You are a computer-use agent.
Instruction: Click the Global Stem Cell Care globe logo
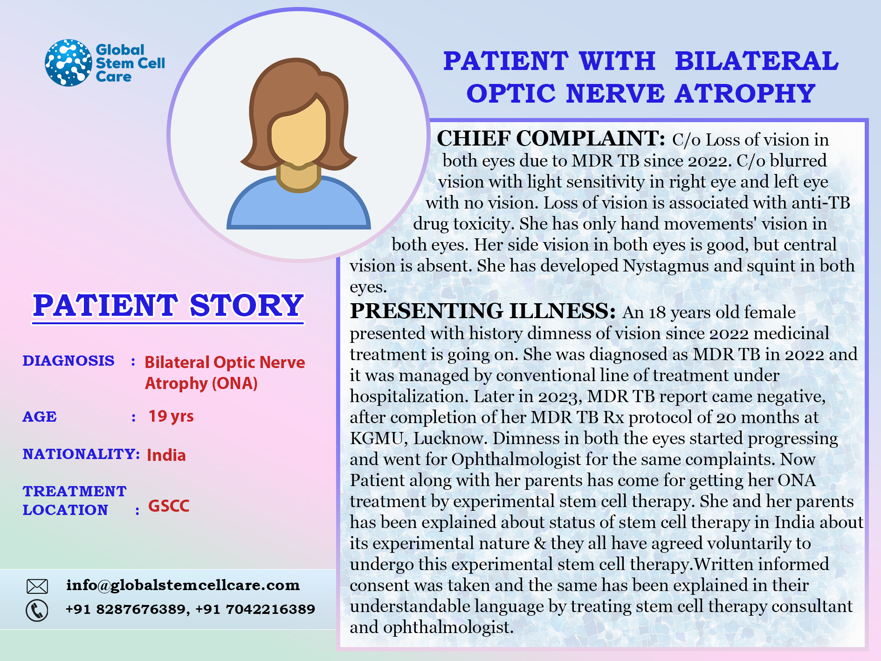pyautogui.click(x=69, y=63)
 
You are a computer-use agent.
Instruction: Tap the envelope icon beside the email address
pyautogui.click(x=37, y=586)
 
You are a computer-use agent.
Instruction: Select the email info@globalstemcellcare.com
pyautogui.click(x=183, y=585)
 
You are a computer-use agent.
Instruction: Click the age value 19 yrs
pyautogui.click(x=171, y=416)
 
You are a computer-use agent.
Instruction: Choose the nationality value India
pyautogui.click(x=166, y=455)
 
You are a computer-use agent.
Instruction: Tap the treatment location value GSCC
pyautogui.click(x=169, y=506)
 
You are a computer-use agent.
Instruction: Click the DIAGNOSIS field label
pyautogui.click(x=69, y=361)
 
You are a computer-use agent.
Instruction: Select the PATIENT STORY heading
pyautogui.click(x=168, y=306)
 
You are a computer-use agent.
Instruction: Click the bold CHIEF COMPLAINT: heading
pyautogui.click(x=551, y=139)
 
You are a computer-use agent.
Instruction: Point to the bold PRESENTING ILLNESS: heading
pyautogui.click(x=483, y=311)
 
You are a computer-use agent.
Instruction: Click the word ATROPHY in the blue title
pyautogui.click(x=745, y=93)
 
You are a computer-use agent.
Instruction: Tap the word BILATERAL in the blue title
pyautogui.click(x=757, y=61)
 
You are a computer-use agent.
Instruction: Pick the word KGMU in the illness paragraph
pyautogui.click(x=377, y=438)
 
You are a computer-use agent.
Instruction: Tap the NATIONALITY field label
pyautogui.click(x=81, y=454)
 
